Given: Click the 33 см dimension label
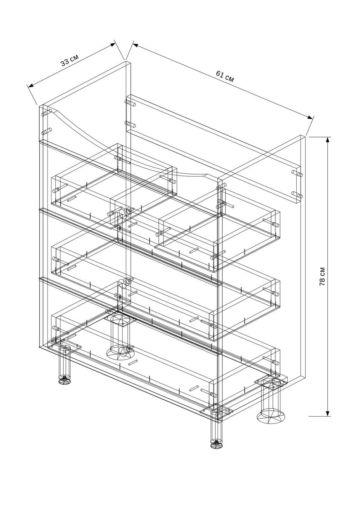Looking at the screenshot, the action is click(x=70, y=60).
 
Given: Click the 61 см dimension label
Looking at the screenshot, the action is click(x=225, y=76).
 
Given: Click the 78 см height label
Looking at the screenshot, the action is click(x=322, y=276).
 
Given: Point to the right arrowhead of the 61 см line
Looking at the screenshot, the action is click(x=310, y=117).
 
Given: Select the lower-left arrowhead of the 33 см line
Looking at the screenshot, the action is click(x=31, y=86).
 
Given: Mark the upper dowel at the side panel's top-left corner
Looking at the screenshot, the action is click(x=47, y=113).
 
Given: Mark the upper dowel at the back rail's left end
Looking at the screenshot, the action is click(x=130, y=103).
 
